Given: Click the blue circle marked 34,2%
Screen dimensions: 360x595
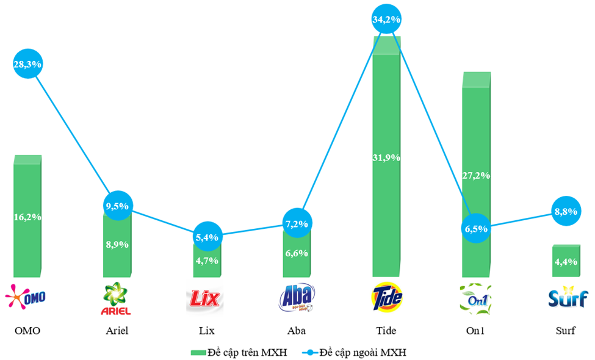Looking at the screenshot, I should tap(386, 20).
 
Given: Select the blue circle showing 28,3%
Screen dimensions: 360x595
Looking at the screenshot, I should tap(27, 63).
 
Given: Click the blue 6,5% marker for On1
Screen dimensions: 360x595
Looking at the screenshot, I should tap(477, 228).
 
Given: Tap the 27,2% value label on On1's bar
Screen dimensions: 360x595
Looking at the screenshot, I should tap(476, 175).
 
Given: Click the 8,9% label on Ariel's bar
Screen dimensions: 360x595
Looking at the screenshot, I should tap(117, 244).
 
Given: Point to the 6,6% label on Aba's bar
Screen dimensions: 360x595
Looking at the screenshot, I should tap(297, 253).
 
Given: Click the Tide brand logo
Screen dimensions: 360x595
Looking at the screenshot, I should tap(386, 297).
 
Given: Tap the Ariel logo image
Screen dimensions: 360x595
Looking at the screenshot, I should tap(117, 298).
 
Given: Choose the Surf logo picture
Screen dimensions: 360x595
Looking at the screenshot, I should tap(566, 297).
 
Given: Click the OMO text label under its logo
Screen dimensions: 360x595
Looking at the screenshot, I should tap(27, 331).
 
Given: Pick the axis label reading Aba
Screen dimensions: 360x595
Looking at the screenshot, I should tap(297, 331).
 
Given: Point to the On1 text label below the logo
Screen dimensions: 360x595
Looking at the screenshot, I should tap(476, 331).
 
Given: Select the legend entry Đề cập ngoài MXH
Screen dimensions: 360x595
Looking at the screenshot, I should tap(354, 352).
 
